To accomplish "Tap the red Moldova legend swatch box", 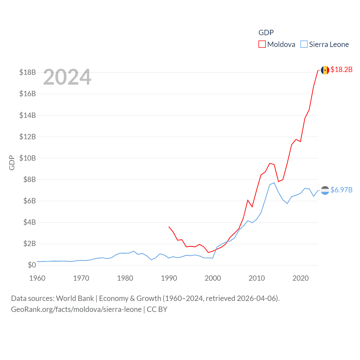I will pyautogui.click(x=262, y=44).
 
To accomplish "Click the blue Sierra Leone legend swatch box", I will pyautogui.click(x=304, y=44).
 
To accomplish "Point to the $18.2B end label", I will pyautogui.click(x=341, y=69).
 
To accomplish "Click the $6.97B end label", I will pyautogui.click(x=341, y=190).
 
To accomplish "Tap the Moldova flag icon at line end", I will pyautogui.click(x=325, y=70).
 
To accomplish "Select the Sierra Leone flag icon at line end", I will pyautogui.click(x=325, y=190).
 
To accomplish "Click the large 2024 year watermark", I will pyautogui.click(x=67, y=77).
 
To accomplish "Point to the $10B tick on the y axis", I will pyautogui.click(x=28, y=158).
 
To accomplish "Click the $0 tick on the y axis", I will pyautogui.click(x=32, y=265).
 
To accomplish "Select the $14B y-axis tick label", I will pyautogui.click(x=28, y=115).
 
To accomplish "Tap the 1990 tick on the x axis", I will pyautogui.click(x=169, y=278).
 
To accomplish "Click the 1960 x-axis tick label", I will pyautogui.click(x=37, y=278).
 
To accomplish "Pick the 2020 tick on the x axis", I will pyautogui.click(x=301, y=278).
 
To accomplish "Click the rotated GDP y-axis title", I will pyautogui.click(x=12, y=163).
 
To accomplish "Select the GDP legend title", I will pyautogui.click(x=266, y=33).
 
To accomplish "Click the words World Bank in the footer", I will pyautogui.click(x=75, y=298).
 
